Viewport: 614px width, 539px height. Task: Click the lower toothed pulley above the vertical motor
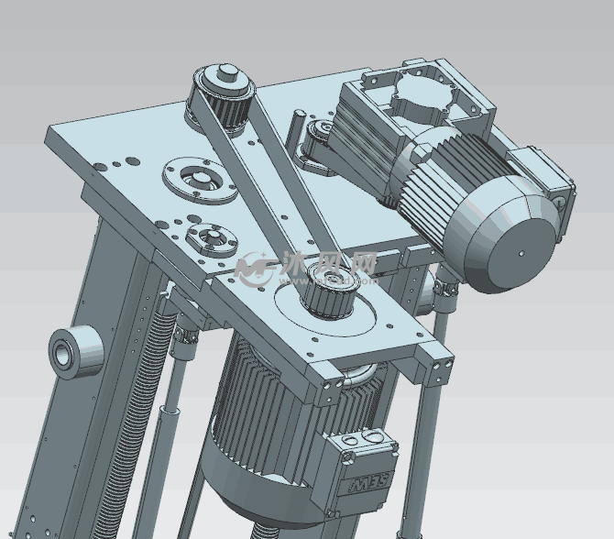331,291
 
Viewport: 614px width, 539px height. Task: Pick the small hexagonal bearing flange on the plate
210,238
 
